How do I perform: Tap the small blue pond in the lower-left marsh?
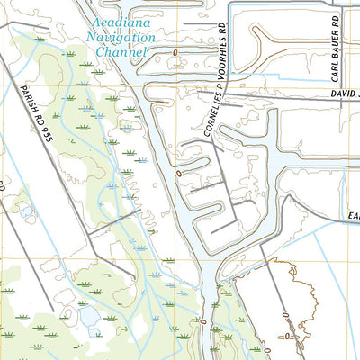[x=90, y=317]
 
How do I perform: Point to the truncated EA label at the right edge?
[x=354, y=216]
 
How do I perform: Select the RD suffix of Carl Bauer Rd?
[x=334, y=18]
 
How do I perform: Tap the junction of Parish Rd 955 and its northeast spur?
[x=90, y=239]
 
